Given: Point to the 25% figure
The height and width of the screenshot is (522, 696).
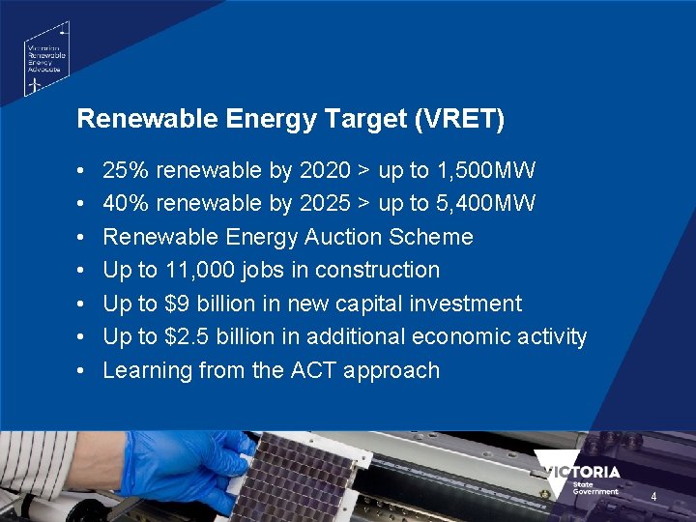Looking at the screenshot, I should click(126, 171).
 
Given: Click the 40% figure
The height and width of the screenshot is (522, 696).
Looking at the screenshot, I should click(126, 204).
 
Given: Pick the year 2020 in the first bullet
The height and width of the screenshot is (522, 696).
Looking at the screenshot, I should click(326, 171).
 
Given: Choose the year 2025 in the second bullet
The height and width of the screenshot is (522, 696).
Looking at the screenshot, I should click(326, 204).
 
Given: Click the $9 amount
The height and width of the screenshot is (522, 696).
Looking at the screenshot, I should click(177, 304).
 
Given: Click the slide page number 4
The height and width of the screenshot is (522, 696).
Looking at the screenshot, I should click(653, 497).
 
